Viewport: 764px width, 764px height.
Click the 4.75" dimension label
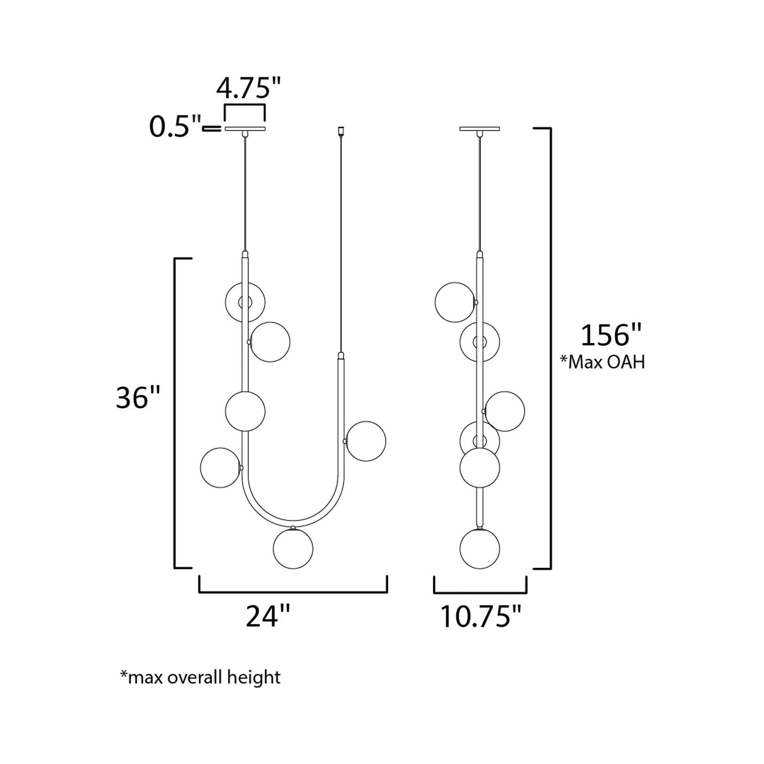point(249,89)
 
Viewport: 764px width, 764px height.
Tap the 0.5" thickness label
point(175,127)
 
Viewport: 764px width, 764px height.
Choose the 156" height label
point(610,335)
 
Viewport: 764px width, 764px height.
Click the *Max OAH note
point(602,362)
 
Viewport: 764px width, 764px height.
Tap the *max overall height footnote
point(201,677)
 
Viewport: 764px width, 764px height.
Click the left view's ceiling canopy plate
point(245,128)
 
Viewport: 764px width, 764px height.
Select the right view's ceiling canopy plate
point(480,128)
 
